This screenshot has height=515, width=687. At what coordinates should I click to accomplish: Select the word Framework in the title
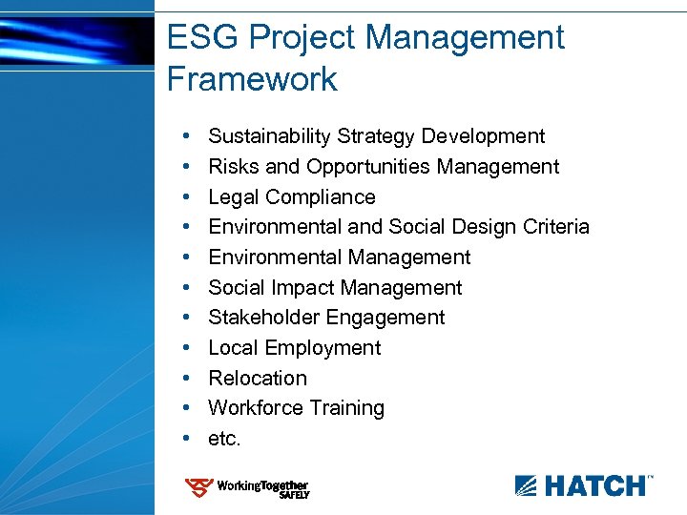pos(252,79)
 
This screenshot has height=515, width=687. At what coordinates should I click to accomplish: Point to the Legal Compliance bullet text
pos(291,197)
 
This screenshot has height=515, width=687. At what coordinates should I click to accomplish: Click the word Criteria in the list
pos(556,227)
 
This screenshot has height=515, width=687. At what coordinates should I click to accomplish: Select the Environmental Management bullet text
pos(339,257)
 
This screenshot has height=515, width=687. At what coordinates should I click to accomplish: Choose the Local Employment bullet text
pos(294,348)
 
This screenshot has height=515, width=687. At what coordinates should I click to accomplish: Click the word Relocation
pos(258,379)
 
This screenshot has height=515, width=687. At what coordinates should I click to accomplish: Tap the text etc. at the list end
pos(225,439)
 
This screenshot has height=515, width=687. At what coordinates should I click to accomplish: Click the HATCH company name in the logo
pos(593,486)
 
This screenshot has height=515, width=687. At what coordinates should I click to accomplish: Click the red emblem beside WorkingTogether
pos(198,488)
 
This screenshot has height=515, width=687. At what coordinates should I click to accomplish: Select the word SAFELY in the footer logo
pos(293,496)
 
